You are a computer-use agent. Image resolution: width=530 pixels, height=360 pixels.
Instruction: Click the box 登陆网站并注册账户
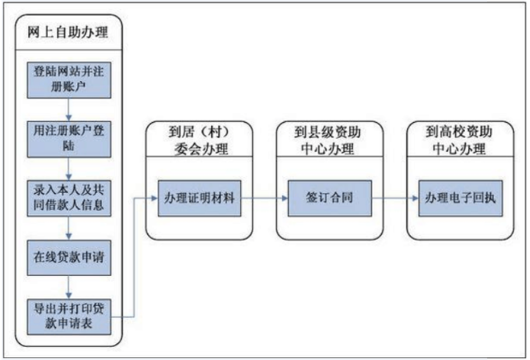tap(69, 80)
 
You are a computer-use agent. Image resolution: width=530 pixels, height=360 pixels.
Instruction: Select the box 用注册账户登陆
tap(69, 139)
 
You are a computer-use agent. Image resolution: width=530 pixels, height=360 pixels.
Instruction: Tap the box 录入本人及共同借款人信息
tap(69, 199)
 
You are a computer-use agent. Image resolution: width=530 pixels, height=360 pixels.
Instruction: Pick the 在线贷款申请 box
tap(69, 257)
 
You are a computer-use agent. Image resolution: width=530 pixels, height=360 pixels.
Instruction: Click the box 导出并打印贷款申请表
tap(69, 317)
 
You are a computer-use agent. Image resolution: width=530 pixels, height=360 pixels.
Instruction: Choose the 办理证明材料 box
tap(200, 199)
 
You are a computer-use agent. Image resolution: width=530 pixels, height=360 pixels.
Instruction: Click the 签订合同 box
tap(329, 199)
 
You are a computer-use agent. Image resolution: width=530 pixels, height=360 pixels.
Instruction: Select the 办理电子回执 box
tap(460, 199)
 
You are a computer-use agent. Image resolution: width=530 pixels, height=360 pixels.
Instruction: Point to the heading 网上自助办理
tap(68, 33)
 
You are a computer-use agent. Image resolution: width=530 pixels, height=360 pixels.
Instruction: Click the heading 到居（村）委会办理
tap(200, 140)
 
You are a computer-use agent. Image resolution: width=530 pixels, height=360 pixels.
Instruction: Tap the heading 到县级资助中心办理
tap(328, 140)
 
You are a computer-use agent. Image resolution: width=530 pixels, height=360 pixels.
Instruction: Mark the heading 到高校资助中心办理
tap(459, 140)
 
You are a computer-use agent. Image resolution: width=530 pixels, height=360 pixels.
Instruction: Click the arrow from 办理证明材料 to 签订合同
tap(264, 199)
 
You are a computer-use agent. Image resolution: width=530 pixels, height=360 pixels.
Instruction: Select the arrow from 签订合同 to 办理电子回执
tap(395, 199)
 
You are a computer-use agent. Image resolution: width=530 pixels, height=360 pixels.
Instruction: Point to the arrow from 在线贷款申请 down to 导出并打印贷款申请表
tap(69, 287)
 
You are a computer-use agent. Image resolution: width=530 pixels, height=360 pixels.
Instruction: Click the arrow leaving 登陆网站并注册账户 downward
tap(69, 110)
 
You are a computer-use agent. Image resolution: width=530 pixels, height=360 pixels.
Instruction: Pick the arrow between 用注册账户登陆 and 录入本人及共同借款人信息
tap(69, 169)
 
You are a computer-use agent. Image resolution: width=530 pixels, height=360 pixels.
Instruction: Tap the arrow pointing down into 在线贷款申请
tap(69, 228)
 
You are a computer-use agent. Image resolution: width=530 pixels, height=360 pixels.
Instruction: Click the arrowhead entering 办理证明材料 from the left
tap(155, 199)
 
